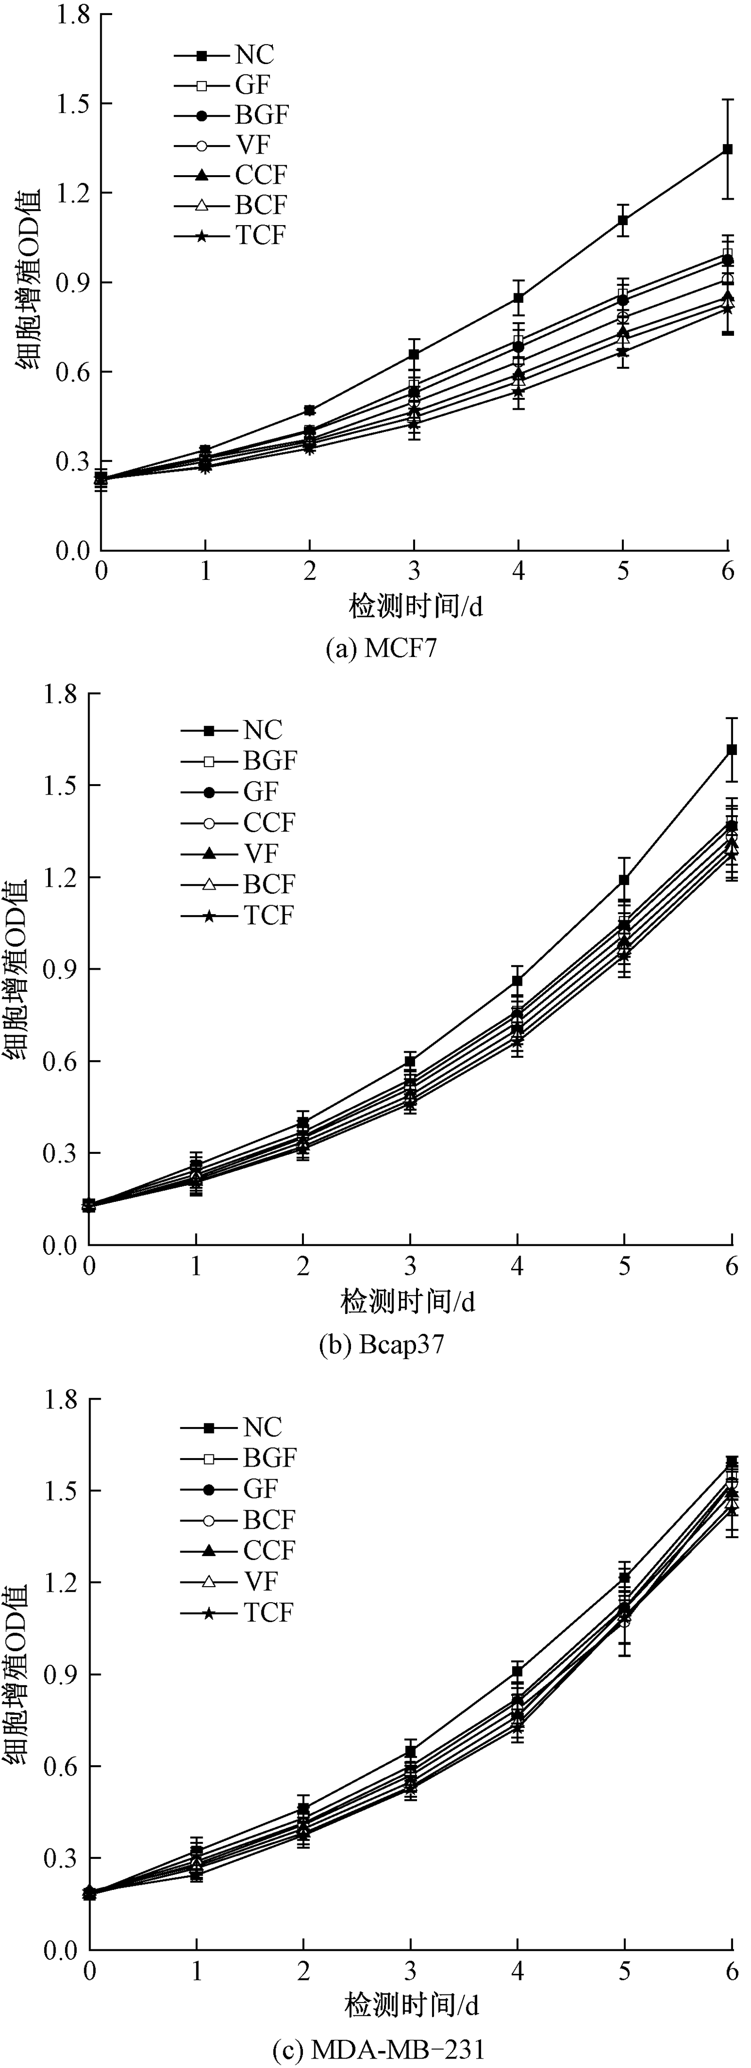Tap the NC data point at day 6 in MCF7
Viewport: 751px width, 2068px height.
pos(727,149)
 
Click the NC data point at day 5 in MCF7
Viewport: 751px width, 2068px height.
pos(622,220)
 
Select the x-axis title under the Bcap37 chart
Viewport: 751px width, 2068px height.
pos(408,1301)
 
